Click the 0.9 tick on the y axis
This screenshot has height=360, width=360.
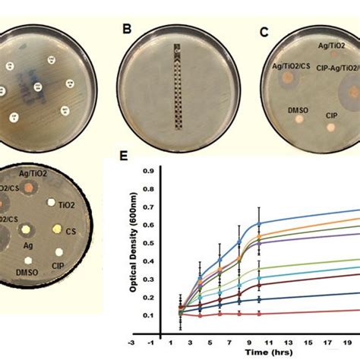point(151,169)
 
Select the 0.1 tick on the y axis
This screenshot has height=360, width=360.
point(151,314)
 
